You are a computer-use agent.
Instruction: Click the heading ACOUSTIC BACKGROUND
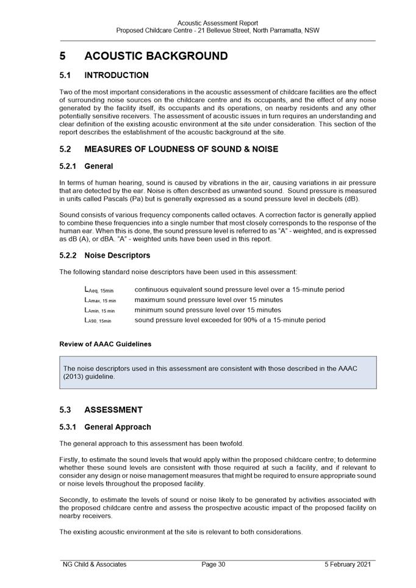[x=156, y=56]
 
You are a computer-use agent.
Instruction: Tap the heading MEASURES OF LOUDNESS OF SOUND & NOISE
[x=181, y=149]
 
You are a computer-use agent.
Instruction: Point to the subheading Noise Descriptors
[x=117, y=255]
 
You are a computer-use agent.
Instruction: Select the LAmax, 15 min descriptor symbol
[x=100, y=300]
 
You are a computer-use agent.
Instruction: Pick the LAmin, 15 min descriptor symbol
[x=99, y=310]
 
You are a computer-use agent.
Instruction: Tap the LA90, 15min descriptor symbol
[x=98, y=321]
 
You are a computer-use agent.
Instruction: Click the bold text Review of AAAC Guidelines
[x=105, y=344]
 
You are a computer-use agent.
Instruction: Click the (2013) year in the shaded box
[x=75, y=377]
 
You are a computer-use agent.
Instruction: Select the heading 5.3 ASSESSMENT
[x=101, y=410]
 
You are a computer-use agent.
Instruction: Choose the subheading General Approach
[x=117, y=427]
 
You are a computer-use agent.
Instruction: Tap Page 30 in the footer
[x=213, y=565]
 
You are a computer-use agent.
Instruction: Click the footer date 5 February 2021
[x=347, y=565]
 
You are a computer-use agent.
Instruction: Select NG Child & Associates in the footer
[x=95, y=565]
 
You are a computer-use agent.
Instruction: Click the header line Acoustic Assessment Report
[x=217, y=23]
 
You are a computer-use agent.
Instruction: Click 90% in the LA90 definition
[x=254, y=320]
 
